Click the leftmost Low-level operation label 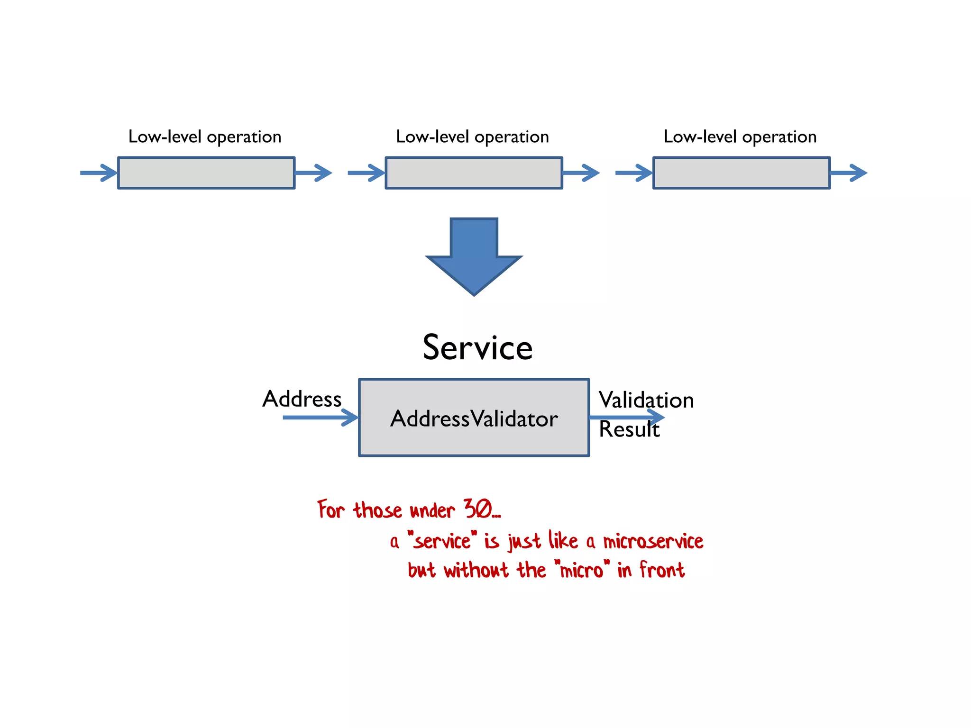pos(205,137)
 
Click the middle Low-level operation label pos(472,137)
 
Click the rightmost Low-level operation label pos(740,137)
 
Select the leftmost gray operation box pos(206,173)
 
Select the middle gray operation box pos(474,173)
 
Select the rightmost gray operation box pos(741,173)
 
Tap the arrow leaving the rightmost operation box pos(848,173)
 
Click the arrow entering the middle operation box pos(366,173)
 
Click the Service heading pos(477,347)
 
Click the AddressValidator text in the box pos(474,419)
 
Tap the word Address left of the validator pos(302,399)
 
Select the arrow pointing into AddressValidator pos(321,418)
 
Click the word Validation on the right pos(646,400)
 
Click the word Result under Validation pos(629,429)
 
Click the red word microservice pos(653,541)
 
